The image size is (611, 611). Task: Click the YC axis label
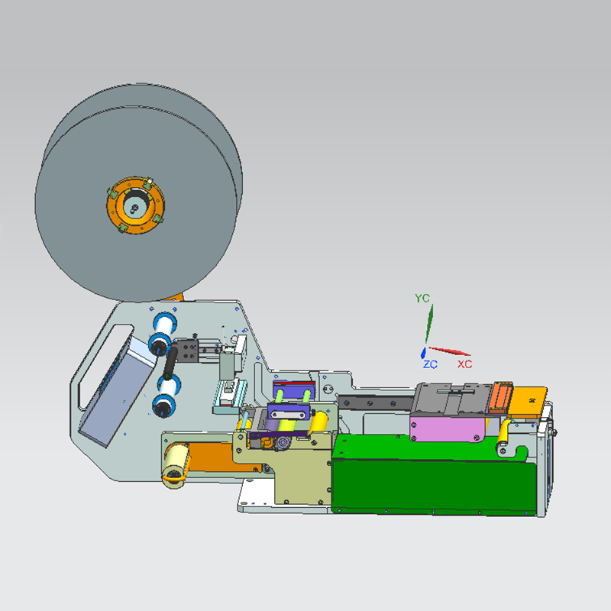tap(422, 298)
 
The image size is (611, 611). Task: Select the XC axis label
tap(464, 364)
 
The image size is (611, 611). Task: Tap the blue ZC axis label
tap(430, 365)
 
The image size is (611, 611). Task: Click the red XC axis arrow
tap(451, 351)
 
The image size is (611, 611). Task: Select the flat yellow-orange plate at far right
tap(528, 401)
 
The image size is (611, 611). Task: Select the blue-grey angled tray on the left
tap(115, 397)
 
